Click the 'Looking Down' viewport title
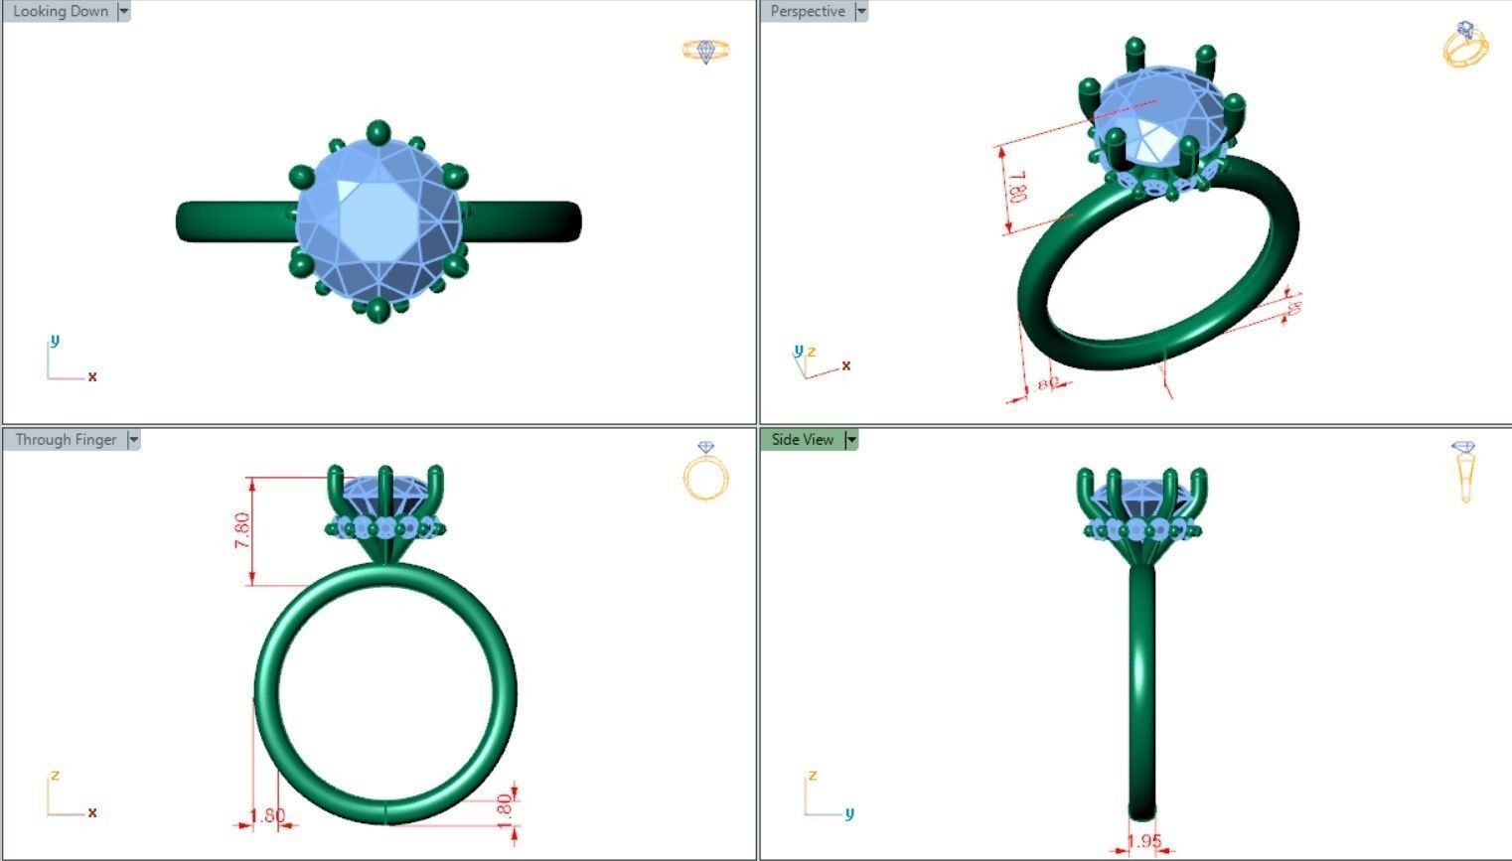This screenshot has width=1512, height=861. pyautogui.click(x=60, y=12)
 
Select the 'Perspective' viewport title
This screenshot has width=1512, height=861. pyautogui.click(x=808, y=12)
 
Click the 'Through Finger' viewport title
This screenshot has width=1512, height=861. pyautogui.click(x=66, y=440)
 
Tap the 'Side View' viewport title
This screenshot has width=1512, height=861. pyautogui.click(x=802, y=440)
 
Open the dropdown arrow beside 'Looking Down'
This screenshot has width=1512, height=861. pyautogui.click(x=124, y=12)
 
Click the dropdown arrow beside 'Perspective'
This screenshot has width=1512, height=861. pyautogui.click(x=861, y=12)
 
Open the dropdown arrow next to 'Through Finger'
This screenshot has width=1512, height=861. pyautogui.click(x=134, y=440)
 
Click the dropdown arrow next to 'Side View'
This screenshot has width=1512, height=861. pyautogui.click(x=851, y=440)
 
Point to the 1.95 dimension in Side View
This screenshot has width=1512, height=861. pyautogui.click(x=1144, y=841)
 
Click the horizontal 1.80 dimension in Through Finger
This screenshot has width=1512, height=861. pyautogui.click(x=266, y=815)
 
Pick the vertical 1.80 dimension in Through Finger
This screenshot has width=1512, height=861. pyautogui.click(x=504, y=805)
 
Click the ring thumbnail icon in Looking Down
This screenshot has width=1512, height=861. pyautogui.click(x=705, y=51)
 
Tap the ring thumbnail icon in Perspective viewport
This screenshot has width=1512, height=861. pyautogui.click(x=1465, y=45)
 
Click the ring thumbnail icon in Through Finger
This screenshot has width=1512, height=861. pyautogui.click(x=705, y=472)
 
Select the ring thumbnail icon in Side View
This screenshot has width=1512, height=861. pyautogui.click(x=1464, y=472)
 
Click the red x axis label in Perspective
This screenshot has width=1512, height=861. pyautogui.click(x=845, y=365)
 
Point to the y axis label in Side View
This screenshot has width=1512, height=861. pyautogui.click(x=848, y=813)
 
